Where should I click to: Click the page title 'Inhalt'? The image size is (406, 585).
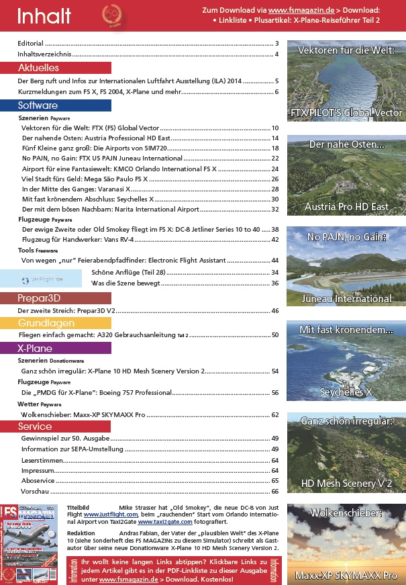pyautogui.click(x=44, y=15)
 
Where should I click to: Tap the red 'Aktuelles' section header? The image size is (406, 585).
pyautogui.click(x=38, y=68)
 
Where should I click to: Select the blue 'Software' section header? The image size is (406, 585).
pyautogui.click(x=38, y=105)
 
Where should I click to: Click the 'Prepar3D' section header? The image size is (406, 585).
pyautogui.click(x=40, y=298)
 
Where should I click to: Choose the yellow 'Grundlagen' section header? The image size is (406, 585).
pyautogui.click(x=42, y=323)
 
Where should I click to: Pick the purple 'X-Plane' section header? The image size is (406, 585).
pyautogui.click(x=35, y=349)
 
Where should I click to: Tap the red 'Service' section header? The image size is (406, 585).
pyautogui.click(x=35, y=426)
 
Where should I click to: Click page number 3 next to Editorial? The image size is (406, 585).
pyautogui.click(x=276, y=44)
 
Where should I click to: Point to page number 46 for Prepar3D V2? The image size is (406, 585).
pyautogui.click(x=274, y=311)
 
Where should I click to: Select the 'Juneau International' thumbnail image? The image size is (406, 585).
pyautogui.click(x=346, y=267)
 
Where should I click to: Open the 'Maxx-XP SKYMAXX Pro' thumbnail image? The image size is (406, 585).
pyautogui.click(x=346, y=543)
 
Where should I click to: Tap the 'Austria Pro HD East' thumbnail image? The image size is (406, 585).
pyautogui.click(x=346, y=175)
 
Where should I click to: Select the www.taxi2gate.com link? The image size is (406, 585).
pyautogui.click(x=164, y=521)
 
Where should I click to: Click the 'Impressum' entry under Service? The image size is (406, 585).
pyautogui.click(x=38, y=471)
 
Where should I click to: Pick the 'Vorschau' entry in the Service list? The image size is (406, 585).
pyautogui.click(x=34, y=492)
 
